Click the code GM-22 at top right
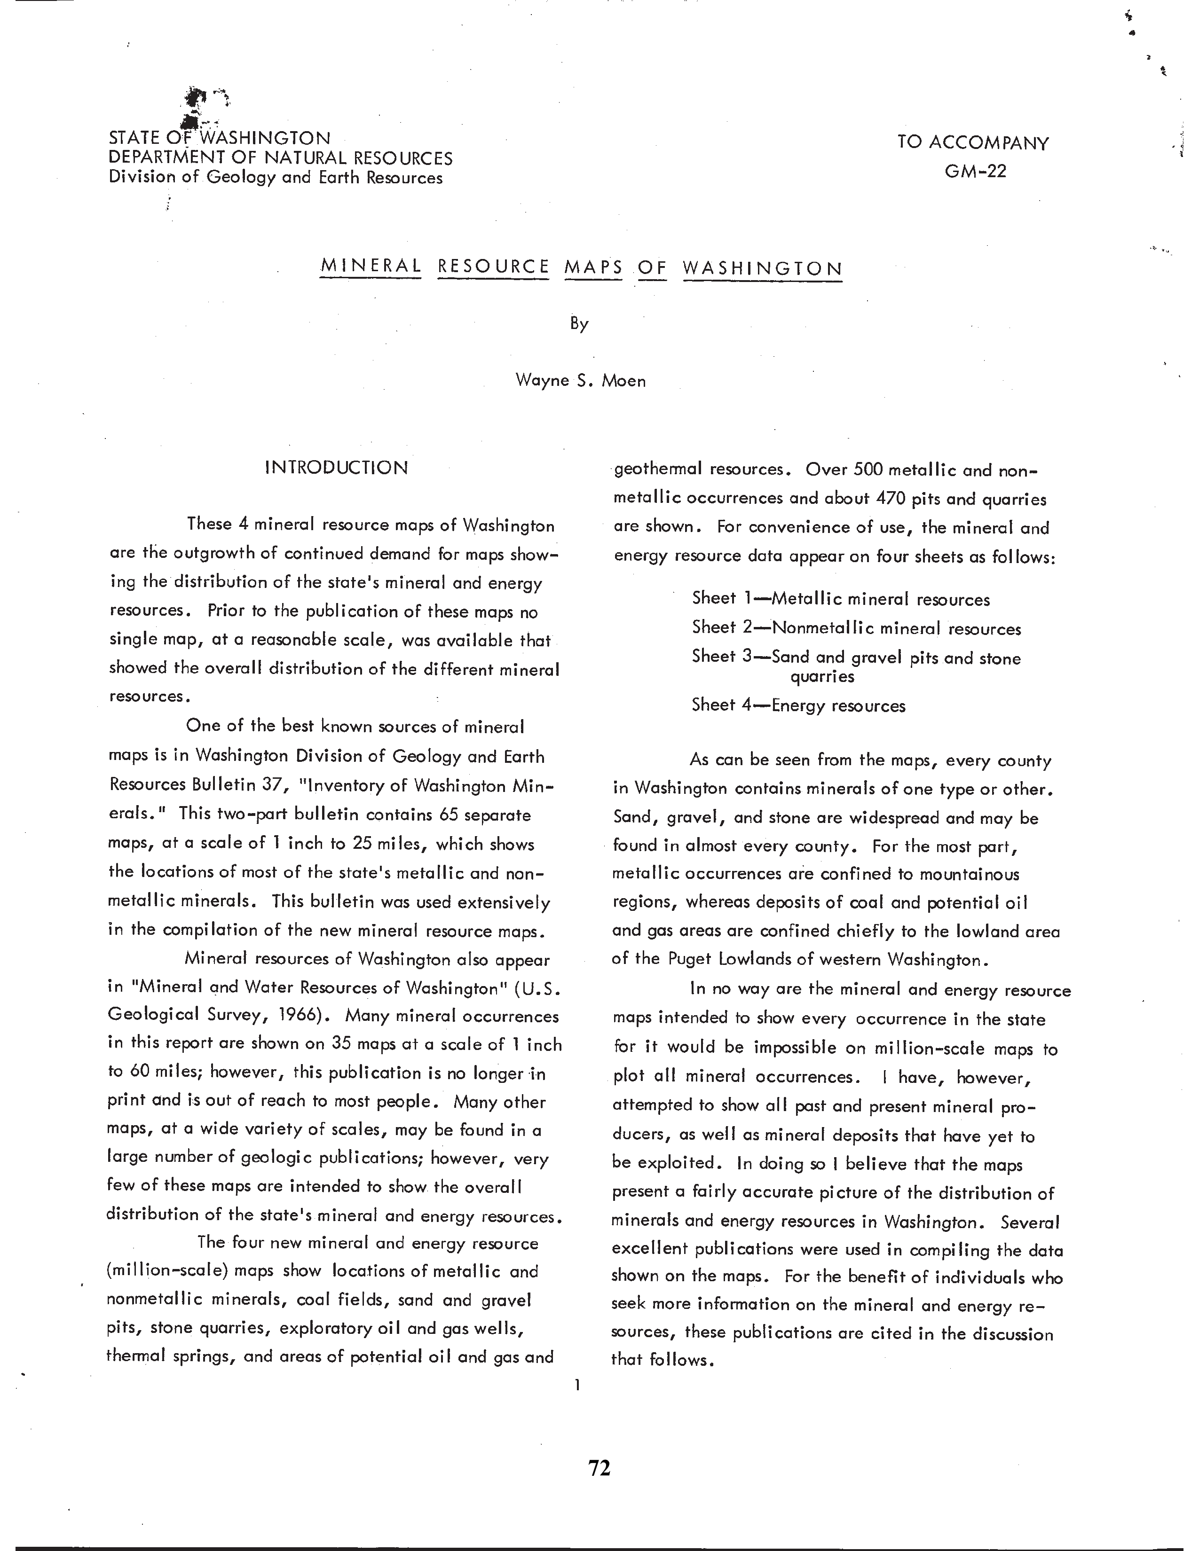point(975,171)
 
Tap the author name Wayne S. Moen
point(580,381)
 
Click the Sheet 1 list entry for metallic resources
point(840,599)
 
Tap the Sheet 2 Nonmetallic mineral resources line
point(856,628)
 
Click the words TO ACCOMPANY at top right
point(972,143)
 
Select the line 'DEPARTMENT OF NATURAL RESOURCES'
point(281,157)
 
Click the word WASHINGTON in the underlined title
point(762,268)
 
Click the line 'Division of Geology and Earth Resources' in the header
point(276,178)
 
